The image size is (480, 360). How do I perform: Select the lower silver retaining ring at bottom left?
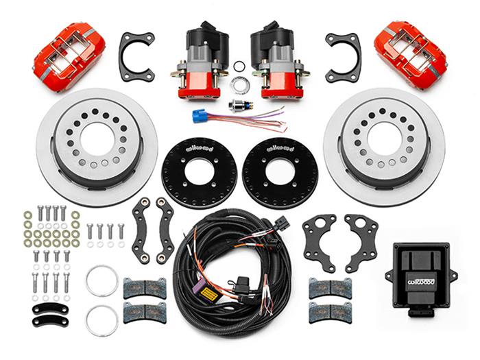coord(101,321)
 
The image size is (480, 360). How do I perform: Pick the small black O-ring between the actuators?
coord(239,67)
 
